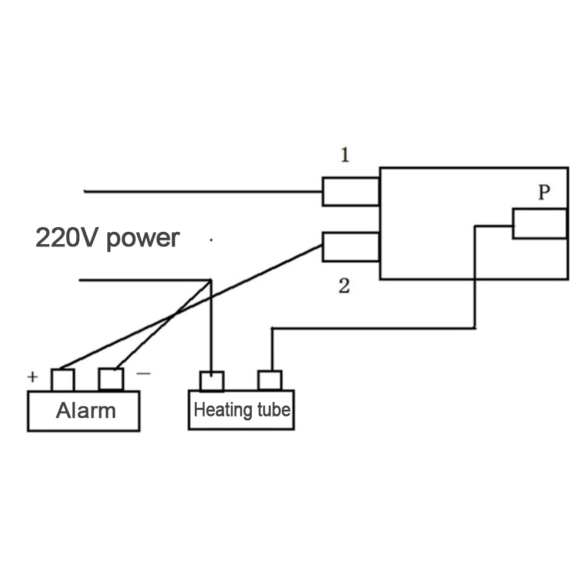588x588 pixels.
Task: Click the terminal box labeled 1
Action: click(x=351, y=191)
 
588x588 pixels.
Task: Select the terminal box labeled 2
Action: click(x=351, y=246)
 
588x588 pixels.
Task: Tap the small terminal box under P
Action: click(x=539, y=224)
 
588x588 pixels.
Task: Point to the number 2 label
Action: click(x=344, y=286)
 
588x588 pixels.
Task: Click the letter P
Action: click(x=545, y=193)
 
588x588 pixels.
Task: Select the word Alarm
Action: click(x=86, y=411)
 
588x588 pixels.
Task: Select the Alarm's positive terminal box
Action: click(x=62, y=380)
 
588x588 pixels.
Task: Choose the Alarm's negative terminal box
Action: click(x=111, y=379)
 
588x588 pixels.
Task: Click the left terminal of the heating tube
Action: click(x=212, y=381)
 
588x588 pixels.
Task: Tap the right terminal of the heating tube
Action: click(x=270, y=380)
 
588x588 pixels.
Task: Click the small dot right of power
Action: click(x=210, y=240)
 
